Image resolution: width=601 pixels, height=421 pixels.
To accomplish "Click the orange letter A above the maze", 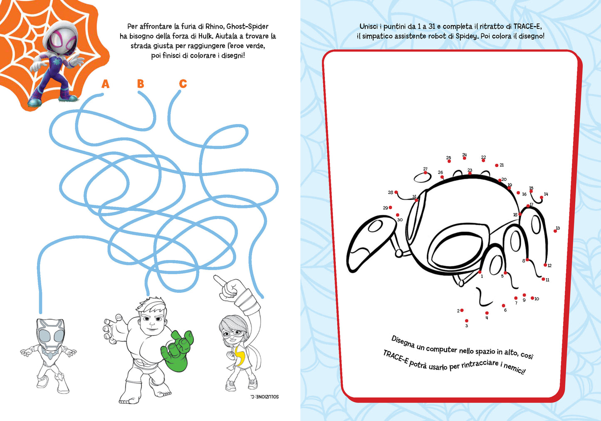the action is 106,84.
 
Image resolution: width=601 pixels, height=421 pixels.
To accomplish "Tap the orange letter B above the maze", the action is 141,84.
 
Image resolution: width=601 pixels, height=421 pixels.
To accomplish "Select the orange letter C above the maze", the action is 183,84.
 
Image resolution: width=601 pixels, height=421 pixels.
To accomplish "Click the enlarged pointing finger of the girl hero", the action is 220,281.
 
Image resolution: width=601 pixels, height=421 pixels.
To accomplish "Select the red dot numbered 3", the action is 467,321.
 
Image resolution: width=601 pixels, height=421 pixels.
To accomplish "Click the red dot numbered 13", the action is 555,231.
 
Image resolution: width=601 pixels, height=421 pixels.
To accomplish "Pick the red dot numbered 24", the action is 465,158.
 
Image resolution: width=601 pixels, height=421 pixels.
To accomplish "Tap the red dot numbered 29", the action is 391,208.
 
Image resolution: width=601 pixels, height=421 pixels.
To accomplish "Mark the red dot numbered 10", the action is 532,298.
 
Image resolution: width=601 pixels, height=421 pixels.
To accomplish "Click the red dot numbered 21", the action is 497,165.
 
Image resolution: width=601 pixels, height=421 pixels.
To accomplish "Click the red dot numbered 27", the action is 425,173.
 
